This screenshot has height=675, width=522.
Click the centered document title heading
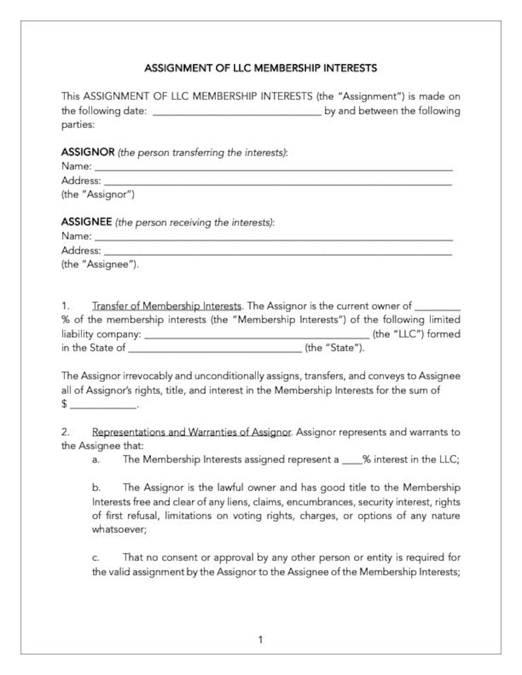(x=261, y=68)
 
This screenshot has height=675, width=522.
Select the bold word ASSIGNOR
(x=88, y=152)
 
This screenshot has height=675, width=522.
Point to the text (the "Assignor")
(x=98, y=194)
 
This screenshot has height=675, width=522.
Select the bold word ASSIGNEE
(x=86, y=222)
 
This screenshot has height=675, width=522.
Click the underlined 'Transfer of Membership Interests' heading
(x=167, y=306)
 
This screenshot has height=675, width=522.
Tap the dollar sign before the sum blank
(x=64, y=404)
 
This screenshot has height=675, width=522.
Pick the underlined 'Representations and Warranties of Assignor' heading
(x=191, y=432)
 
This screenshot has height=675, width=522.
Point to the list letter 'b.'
(x=96, y=488)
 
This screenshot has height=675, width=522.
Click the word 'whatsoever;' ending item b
(x=119, y=529)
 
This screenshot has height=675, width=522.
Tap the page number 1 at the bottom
(x=261, y=640)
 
